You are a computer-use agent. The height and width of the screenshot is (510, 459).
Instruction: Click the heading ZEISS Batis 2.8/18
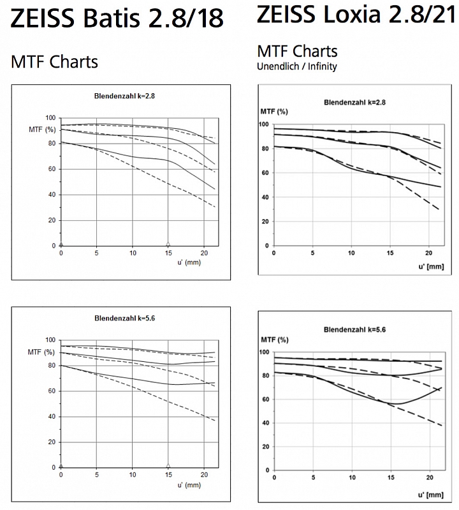pos(117,18)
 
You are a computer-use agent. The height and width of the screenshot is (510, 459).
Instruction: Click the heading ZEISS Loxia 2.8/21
pos(356,14)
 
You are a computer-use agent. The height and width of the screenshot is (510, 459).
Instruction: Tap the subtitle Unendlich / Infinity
pos(297,66)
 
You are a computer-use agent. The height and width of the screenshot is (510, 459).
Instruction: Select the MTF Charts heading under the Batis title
pos(54,61)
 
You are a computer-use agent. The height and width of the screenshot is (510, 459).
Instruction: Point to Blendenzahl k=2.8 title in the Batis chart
pos(124,96)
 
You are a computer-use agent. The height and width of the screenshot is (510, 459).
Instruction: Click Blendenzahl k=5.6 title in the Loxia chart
pos(354,329)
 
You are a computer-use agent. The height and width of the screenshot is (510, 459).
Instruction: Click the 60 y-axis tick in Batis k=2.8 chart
pos(52,169)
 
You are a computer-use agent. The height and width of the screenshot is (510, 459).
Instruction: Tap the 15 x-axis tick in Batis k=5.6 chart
pos(168,474)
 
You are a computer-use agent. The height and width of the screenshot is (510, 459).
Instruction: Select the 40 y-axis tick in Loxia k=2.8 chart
pos(266,197)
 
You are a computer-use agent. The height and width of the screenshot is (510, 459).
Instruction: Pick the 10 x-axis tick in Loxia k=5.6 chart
pos(352,477)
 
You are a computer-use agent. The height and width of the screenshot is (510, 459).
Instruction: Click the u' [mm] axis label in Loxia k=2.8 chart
pos(431,267)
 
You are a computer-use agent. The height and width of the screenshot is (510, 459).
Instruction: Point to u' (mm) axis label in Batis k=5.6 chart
pos(189,485)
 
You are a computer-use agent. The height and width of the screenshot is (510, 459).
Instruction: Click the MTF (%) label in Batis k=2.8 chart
pos(42,130)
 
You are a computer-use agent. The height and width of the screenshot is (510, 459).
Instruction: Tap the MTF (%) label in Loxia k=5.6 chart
pos(275,340)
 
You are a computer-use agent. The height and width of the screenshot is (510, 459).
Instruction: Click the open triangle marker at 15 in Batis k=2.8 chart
pos(168,244)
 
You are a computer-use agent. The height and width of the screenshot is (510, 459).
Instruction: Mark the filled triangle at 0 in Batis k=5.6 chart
pos(61,465)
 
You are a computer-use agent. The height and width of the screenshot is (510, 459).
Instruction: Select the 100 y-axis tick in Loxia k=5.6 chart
pos(265,352)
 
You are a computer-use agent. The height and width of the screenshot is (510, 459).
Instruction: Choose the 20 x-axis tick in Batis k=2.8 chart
pos(204,253)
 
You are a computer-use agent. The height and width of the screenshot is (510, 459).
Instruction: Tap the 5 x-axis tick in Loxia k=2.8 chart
pos(312,253)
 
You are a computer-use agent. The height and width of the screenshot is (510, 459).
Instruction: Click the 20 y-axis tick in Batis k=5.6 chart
pos(52,442)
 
